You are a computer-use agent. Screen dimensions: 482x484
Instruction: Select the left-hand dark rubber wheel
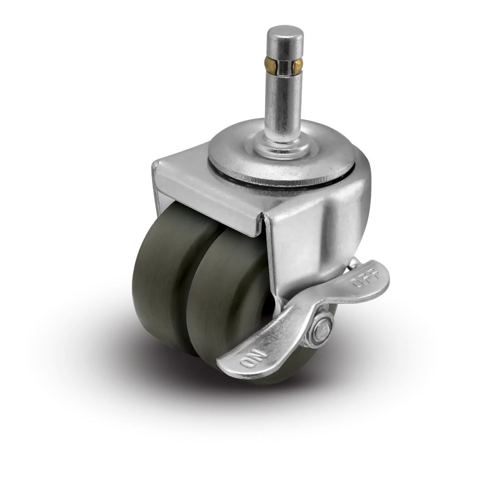click(x=166, y=281)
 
